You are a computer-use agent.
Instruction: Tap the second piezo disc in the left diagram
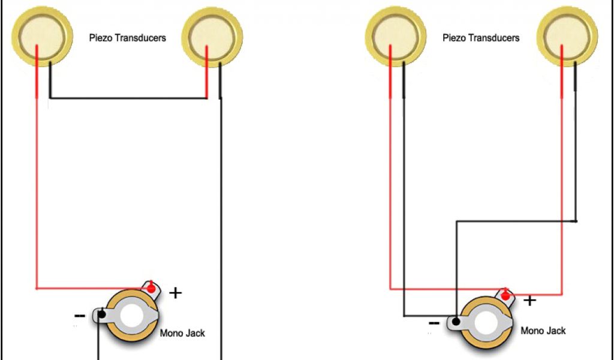point(212,34)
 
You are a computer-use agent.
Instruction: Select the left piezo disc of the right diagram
point(396,34)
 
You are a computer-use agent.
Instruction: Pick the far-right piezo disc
point(567,34)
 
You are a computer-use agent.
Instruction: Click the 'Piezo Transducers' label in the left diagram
point(127,38)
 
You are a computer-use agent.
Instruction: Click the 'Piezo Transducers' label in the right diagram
point(481,38)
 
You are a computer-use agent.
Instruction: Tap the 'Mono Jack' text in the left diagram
point(182,333)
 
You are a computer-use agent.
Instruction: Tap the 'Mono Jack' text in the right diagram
point(543,331)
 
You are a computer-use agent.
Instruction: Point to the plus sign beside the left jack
point(175,293)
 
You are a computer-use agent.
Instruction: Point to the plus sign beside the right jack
point(529,300)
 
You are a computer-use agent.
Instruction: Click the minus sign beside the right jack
point(434,323)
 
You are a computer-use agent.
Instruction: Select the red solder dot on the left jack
point(151,289)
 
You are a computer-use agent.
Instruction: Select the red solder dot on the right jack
point(506,296)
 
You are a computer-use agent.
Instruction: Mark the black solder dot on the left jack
point(102,314)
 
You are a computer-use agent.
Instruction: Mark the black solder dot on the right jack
point(457,322)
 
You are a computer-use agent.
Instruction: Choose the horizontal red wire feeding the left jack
point(90,289)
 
